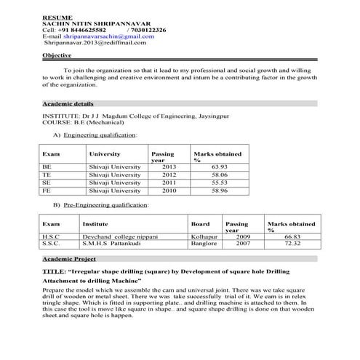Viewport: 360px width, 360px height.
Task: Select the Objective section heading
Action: (x=57, y=55)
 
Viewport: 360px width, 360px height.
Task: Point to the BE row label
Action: (x=47, y=167)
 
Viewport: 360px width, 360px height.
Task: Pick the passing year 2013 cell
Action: (x=168, y=167)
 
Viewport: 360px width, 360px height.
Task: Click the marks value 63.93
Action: (x=219, y=167)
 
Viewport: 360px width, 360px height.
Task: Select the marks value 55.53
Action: (x=219, y=183)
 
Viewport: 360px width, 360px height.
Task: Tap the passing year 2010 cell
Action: (x=168, y=191)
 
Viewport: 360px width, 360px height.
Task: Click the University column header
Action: (x=104, y=154)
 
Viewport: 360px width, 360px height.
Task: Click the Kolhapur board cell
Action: (x=204, y=236)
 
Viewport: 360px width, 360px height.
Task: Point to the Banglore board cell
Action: (x=204, y=244)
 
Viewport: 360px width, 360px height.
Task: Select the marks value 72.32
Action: (x=292, y=244)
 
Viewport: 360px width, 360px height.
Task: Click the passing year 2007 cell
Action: (x=243, y=244)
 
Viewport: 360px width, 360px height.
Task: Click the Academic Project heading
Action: (x=69, y=259)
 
